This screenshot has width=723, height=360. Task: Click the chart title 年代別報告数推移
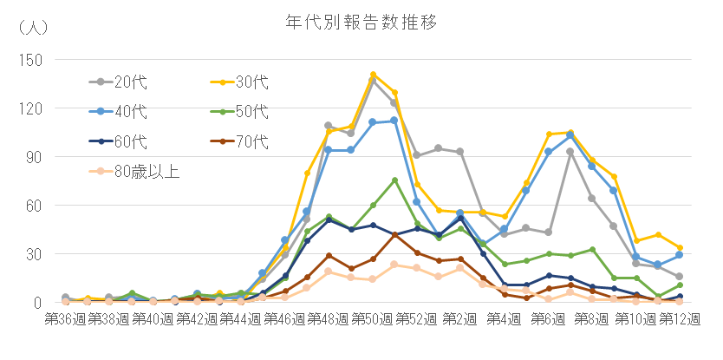pyautogui.click(x=361, y=21)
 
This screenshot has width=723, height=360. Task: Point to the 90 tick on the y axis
pyautogui.click(x=36, y=157)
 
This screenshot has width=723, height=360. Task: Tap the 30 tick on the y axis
pyautogui.click(x=36, y=254)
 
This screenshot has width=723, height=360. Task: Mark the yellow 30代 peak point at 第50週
pyautogui.click(x=373, y=75)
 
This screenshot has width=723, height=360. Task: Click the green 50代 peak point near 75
pyautogui.click(x=394, y=180)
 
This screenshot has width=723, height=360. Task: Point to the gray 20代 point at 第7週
pyautogui.click(x=570, y=152)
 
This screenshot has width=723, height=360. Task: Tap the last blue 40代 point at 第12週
pyautogui.click(x=680, y=255)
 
